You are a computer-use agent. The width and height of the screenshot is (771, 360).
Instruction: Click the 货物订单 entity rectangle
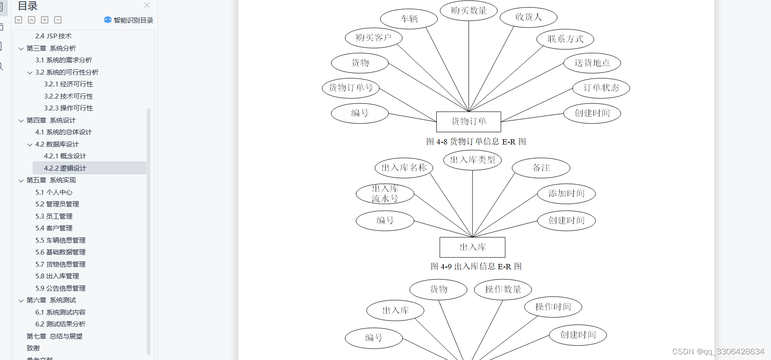[x=469, y=122]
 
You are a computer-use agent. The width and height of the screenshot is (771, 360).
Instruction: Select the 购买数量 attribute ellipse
[x=469, y=10]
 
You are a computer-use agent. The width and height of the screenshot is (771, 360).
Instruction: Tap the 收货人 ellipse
[x=528, y=17]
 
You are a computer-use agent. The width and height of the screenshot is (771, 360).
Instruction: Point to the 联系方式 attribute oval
[x=565, y=39]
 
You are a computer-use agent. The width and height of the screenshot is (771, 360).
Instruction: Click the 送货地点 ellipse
[x=592, y=63]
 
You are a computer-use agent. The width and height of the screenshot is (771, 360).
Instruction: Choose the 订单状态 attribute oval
[x=601, y=88]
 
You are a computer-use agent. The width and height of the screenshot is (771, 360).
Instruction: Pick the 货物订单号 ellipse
[x=351, y=88]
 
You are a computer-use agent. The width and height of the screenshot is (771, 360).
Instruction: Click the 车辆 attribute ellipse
[x=409, y=19]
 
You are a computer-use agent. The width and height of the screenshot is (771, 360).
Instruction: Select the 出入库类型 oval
[x=473, y=160]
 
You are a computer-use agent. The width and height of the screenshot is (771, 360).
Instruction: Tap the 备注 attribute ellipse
[x=541, y=168]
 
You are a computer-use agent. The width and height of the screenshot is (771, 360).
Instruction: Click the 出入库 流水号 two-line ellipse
[x=385, y=194]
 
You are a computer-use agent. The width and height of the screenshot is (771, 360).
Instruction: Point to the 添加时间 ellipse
[x=566, y=194]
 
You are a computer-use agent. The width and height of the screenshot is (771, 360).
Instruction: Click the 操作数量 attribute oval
[x=503, y=289]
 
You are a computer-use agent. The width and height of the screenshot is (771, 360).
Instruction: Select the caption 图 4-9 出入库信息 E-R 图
[x=476, y=267]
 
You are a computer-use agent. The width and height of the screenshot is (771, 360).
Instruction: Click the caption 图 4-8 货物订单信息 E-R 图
[x=476, y=142]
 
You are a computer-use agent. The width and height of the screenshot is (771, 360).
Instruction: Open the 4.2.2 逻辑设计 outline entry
[x=65, y=168]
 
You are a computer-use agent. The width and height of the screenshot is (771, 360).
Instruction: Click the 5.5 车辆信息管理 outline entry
[x=60, y=240]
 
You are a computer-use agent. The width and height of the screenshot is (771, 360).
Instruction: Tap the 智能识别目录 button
[x=129, y=20]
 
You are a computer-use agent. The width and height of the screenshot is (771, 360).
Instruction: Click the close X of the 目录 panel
[x=147, y=5]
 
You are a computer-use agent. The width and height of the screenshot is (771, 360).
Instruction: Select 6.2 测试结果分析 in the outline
[x=60, y=324]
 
